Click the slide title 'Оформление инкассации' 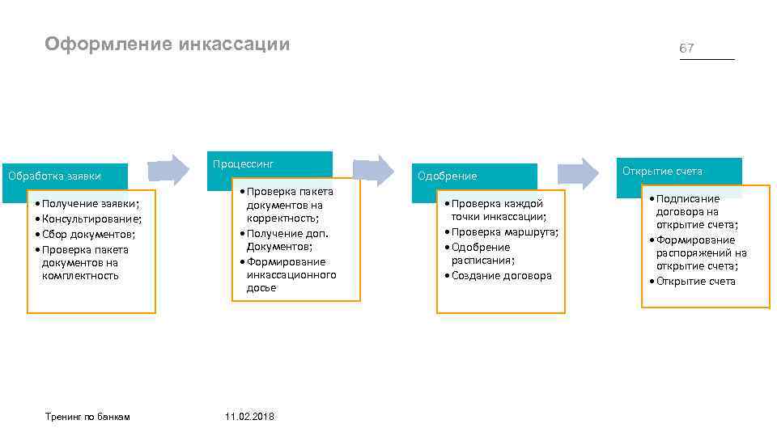pos(167,44)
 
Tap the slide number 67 pos(686,49)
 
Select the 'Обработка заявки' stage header pos(54,176)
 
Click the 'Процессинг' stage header pos(244,164)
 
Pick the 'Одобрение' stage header pos(447,176)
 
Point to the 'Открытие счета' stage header pos(662,171)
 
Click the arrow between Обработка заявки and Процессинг pos(168,169)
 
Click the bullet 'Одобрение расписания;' pos(482,253)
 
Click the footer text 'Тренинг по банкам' pos(88,416)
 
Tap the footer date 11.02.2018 pos(249,416)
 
